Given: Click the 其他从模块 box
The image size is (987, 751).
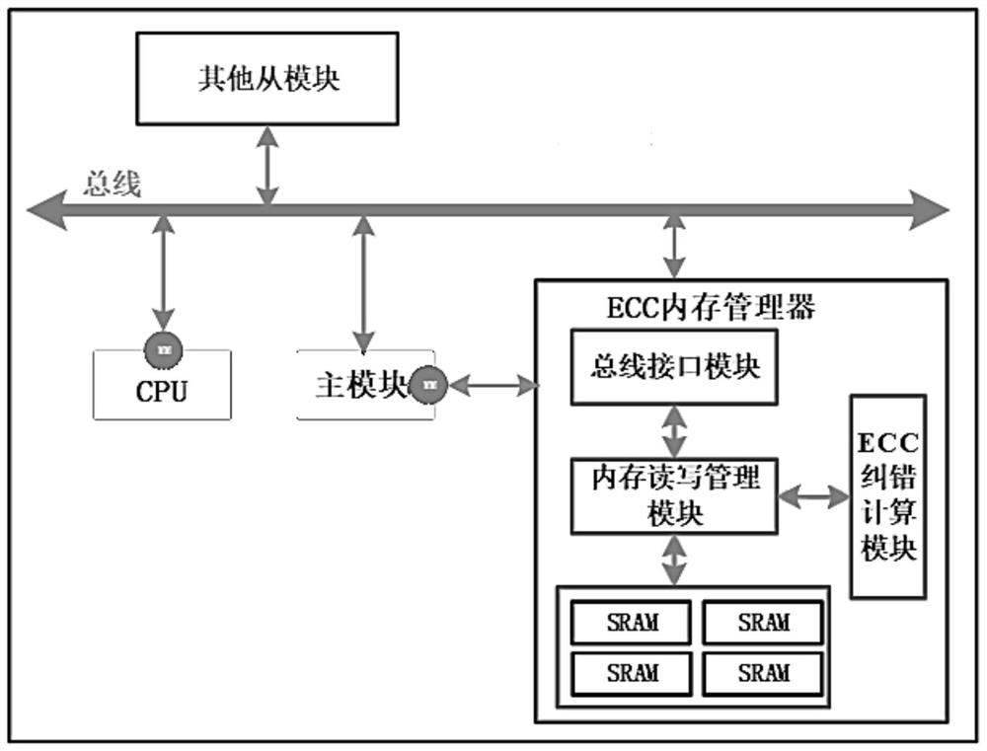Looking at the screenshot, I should click(x=266, y=78).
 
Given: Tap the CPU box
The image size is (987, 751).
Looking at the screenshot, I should click(x=162, y=389).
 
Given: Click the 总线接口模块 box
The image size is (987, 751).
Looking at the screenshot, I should click(x=675, y=366).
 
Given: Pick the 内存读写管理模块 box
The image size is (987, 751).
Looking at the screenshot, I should click(x=675, y=494).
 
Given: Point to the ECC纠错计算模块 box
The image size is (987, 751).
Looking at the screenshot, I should click(x=888, y=496).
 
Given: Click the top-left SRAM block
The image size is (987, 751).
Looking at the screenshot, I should click(x=633, y=623).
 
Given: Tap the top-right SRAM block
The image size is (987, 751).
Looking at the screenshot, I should click(x=763, y=623).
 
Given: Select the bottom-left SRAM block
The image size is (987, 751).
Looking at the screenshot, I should click(x=633, y=673).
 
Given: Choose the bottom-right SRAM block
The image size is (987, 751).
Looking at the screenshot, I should click(x=763, y=673).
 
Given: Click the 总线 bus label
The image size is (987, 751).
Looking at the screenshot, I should click(x=112, y=184).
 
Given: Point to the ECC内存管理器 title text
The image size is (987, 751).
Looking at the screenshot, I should click(x=711, y=307).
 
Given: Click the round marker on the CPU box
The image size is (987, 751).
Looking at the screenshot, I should click(x=162, y=347).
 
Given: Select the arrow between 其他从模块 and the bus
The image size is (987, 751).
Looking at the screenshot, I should click(x=266, y=165).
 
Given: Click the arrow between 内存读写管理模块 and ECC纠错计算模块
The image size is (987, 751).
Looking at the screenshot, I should click(x=813, y=496).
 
